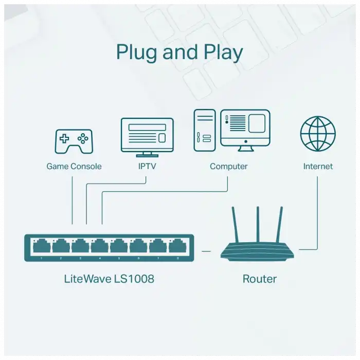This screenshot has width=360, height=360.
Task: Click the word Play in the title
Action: pos(222,53)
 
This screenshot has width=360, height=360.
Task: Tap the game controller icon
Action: pos(74,140)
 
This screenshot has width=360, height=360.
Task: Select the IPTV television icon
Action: pos(147,136)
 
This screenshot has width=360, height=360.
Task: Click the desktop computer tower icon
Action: pos(204,131)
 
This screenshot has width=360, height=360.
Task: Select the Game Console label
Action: pos(74,166)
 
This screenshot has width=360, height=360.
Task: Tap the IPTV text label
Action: pos(147,166)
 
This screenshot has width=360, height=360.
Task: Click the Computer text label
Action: pos(228,166)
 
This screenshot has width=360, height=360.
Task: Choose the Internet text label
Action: pos(317,166)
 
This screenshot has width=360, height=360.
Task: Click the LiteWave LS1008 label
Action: pos(109,279)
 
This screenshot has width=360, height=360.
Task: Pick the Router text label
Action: pos(259,279)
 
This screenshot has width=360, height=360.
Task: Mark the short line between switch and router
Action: pos(206,251)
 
